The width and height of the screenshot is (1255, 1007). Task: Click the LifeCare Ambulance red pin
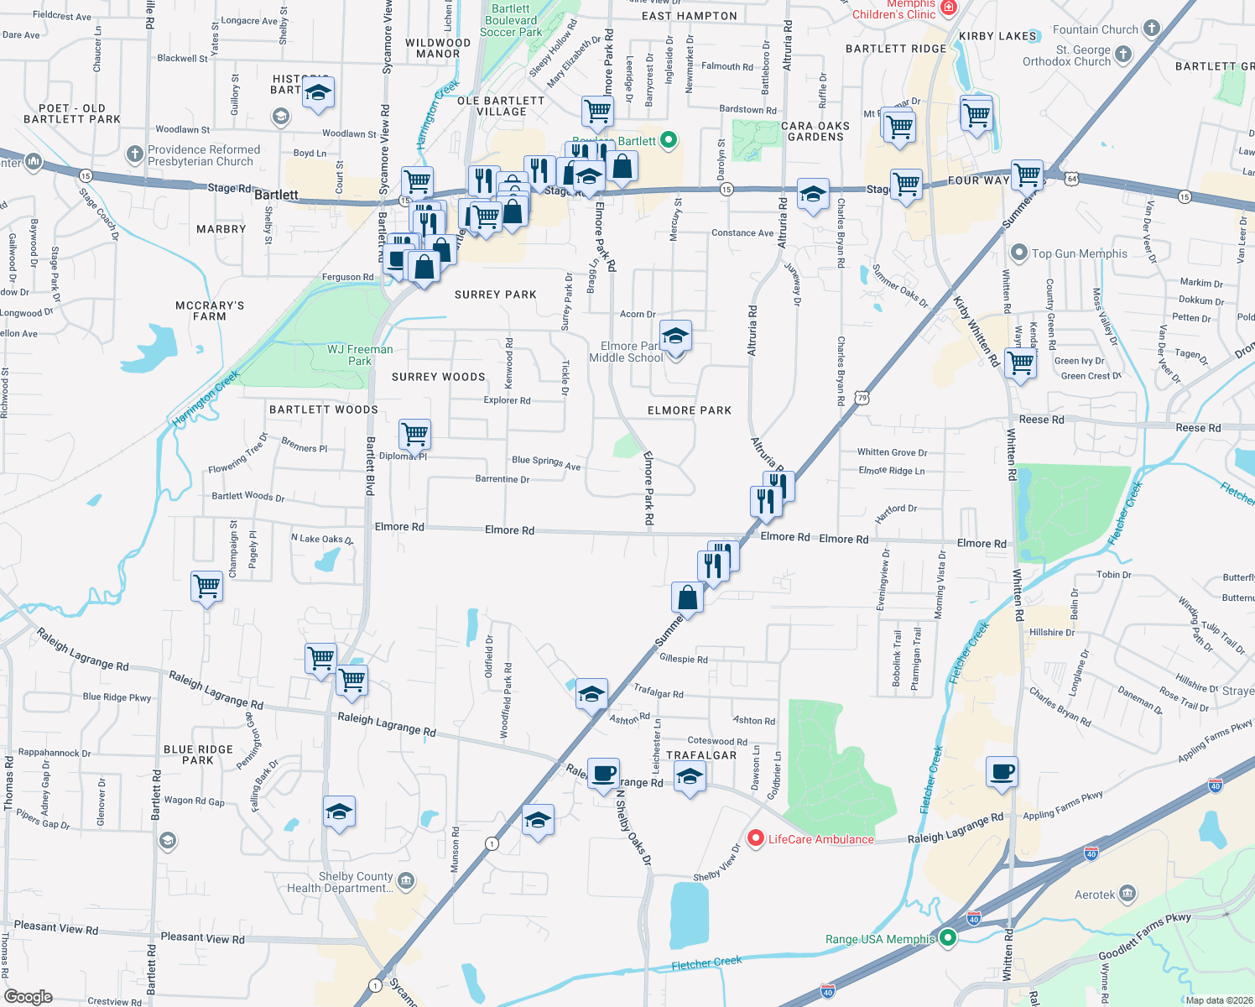(755, 838)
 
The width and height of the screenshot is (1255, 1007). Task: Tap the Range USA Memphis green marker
(948, 938)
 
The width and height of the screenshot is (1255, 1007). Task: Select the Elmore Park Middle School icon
(675, 337)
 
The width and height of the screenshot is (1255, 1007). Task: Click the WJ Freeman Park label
(360, 355)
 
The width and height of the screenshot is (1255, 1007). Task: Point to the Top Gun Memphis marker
(1018, 253)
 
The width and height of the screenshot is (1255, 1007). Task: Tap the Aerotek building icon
(1128, 893)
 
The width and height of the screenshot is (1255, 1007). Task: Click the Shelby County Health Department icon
(406, 880)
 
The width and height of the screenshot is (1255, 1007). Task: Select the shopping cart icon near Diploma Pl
(414, 435)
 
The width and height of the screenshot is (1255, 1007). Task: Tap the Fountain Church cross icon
(1152, 29)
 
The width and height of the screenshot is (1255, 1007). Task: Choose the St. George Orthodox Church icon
(1123, 55)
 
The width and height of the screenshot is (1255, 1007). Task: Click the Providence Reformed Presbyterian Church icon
(135, 154)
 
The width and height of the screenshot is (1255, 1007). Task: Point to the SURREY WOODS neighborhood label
(438, 377)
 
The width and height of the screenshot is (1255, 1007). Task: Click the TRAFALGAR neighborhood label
(701, 755)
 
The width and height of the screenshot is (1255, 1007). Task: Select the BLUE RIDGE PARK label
(198, 754)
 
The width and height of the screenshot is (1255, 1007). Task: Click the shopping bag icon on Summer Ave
(687, 598)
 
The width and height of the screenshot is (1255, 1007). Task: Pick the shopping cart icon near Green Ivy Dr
(1020, 364)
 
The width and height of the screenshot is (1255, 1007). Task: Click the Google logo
(29, 997)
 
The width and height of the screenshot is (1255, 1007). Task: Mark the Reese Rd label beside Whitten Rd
(1041, 420)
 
